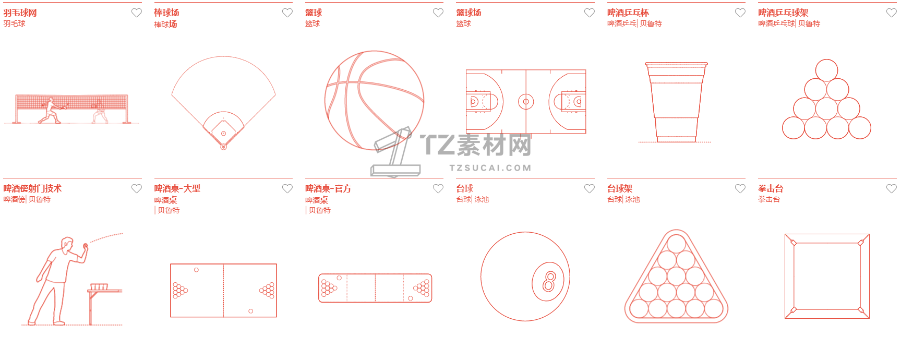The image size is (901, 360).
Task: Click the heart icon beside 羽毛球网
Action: tap(137, 13)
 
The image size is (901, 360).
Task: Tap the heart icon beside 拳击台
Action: tap(892, 188)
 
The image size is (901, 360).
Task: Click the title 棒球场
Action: tap(166, 13)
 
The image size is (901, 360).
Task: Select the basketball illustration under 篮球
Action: tap(374, 100)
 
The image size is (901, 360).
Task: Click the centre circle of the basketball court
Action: tap(526, 101)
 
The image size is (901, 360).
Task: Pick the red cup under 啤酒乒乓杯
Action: tap(676, 102)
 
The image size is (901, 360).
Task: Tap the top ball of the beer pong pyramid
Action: tap(826, 70)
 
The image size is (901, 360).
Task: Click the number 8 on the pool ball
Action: tap(549, 281)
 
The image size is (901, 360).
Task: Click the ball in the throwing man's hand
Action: tap(86, 245)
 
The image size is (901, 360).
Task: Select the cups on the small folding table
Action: tap(99, 286)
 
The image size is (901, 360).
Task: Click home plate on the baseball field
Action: tap(223, 147)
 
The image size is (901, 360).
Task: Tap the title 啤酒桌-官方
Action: tap(328, 188)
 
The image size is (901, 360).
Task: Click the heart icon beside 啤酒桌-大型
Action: tap(287, 188)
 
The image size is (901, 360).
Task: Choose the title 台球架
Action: tap(620, 188)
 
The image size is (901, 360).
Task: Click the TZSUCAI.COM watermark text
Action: tap(490, 168)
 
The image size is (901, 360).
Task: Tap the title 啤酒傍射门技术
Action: tap(32, 188)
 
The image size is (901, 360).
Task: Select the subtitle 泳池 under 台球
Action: tap(482, 199)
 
